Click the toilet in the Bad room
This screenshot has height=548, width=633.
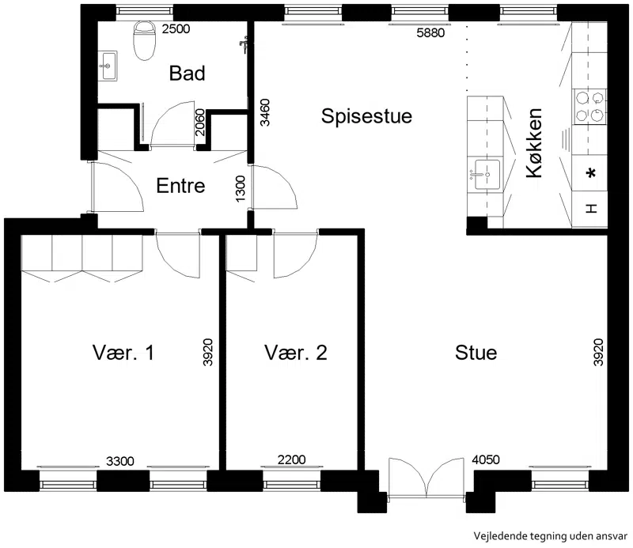click(144, 40)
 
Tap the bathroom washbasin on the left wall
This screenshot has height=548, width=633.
click(108, 66)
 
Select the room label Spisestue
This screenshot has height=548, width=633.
click(366, 116)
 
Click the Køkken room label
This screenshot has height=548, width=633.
click(533, 143)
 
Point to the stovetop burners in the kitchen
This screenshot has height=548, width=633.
click(589, 107)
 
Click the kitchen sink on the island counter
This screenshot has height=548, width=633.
click(487, 175)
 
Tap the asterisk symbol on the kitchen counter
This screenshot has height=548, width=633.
click(591, 174)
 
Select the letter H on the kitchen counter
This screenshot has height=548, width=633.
click(591, 209)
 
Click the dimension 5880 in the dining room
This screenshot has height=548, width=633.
click(430, 32)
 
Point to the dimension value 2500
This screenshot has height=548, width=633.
click(176, 29)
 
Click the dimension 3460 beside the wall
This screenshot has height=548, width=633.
click(265, 112)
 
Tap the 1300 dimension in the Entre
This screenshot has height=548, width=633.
click(241, 189)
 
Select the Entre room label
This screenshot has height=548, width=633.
click(180, 186)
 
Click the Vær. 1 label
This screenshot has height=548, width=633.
click(123, 353)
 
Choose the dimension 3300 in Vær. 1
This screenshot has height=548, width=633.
click(120, 461)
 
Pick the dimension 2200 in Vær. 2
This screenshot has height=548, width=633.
click(291, 459)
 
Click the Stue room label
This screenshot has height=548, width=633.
click(476, 353)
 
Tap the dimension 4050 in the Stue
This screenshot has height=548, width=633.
click(486, 459)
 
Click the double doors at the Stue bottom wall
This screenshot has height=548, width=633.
click(426, 478)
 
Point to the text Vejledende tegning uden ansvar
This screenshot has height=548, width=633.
click(550, 536)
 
